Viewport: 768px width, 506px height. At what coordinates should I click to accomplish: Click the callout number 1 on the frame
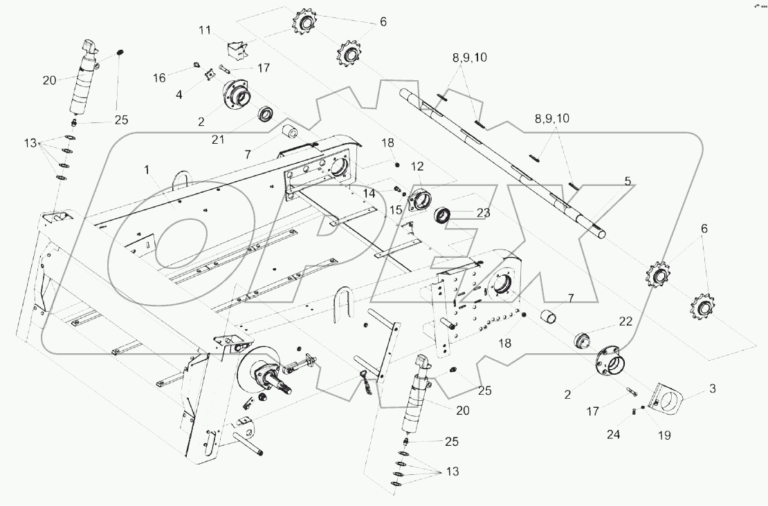(146, 169)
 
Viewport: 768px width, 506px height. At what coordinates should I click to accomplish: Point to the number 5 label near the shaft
(627, 181)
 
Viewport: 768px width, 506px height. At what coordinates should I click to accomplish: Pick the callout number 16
(160, 77)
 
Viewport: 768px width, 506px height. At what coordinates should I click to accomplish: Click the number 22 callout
(625, 321)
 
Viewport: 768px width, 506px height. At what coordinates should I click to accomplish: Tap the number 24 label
(613, 435)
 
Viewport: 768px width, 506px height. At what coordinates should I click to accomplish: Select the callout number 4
(179, 94)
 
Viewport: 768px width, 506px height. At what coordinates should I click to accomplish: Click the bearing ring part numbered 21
(264, 114)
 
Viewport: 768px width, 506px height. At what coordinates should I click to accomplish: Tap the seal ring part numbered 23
(444, 214)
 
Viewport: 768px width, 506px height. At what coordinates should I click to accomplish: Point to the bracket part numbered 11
(237, 50)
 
